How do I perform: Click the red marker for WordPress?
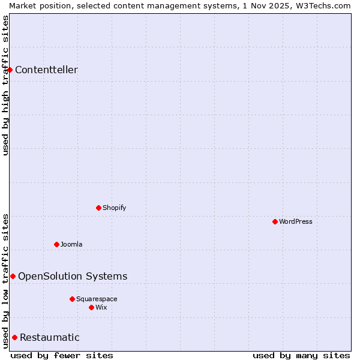pos(275,221)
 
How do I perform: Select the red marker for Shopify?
pos(98,208)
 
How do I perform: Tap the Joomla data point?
pos(56,244)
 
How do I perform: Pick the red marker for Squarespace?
pos(72,299)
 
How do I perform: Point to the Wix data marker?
pos(91,307)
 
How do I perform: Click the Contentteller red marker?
pos(10,70)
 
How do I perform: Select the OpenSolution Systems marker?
pos(13,276)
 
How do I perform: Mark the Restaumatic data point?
pos(14,337)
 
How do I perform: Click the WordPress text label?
pos(296,221)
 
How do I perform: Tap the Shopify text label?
pos(115,208)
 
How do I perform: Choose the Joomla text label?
pos(71,244)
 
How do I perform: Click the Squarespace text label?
pos(97,299)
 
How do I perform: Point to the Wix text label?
pos(101,307)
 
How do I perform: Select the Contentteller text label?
pos(46,70)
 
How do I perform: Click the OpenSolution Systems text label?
pos(73,276)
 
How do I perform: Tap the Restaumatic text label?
pos(50,337)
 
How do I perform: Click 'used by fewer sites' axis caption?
pos(62,355)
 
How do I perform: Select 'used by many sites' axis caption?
pos(301,355)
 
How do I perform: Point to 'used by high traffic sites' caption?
pos(5,85)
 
